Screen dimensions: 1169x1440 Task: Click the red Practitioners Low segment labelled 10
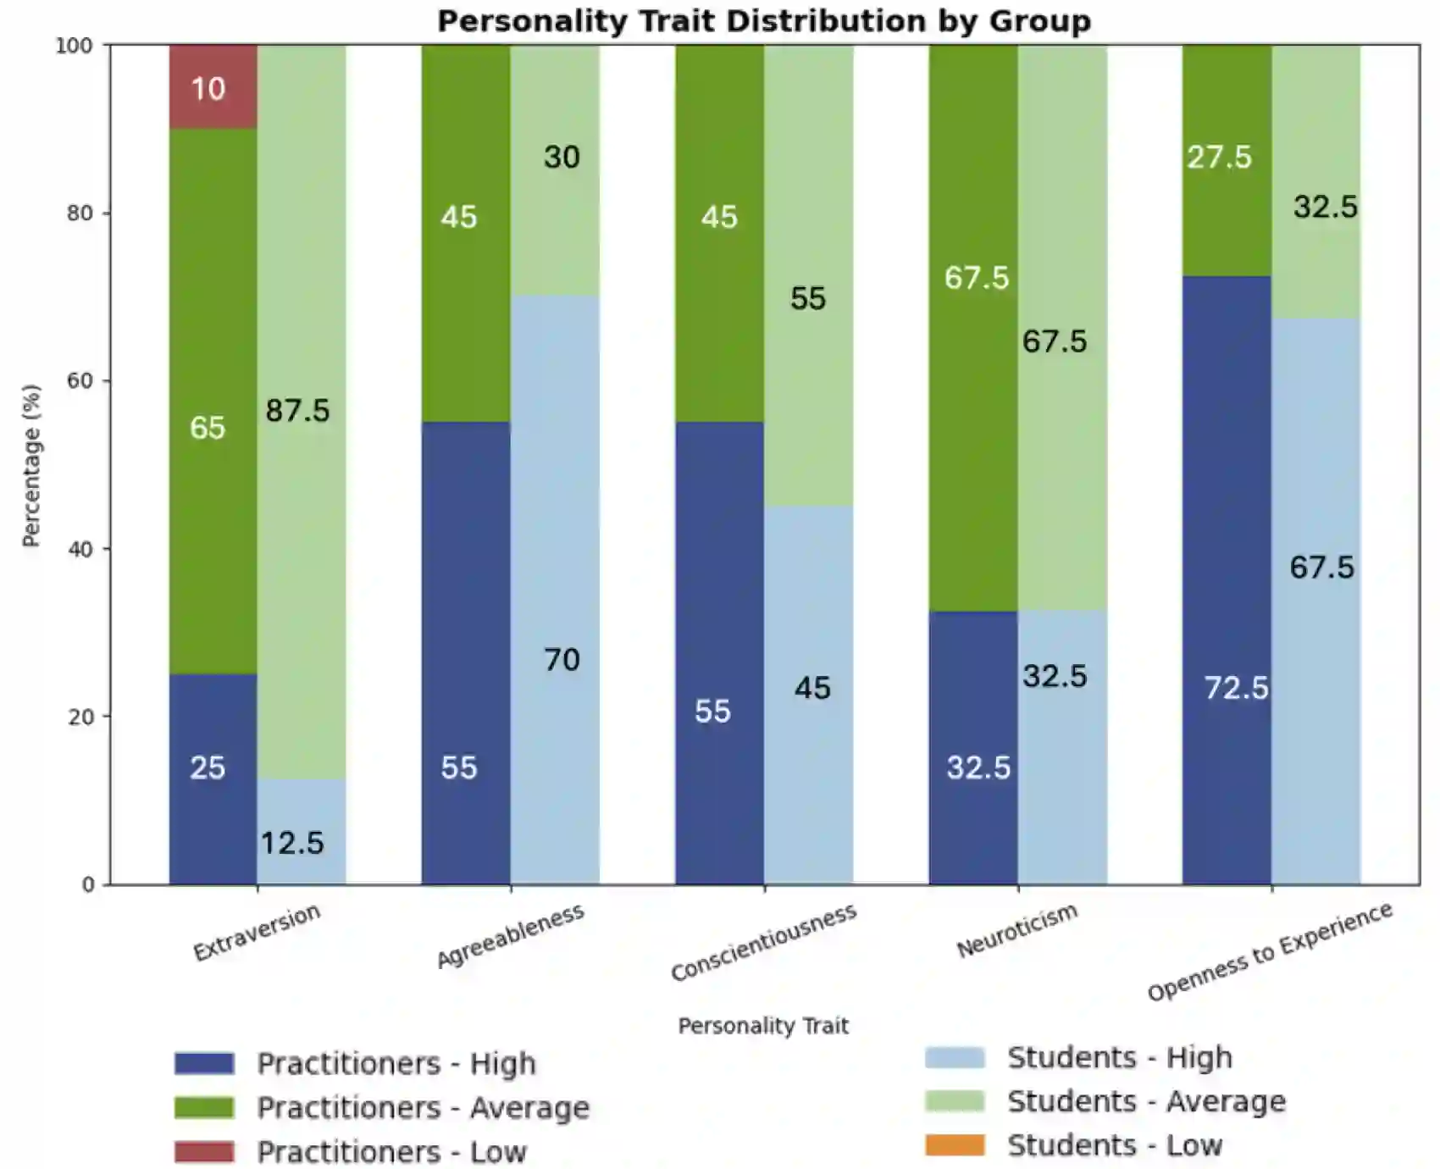click(213, 86)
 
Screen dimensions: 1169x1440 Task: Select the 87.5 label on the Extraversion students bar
click(297, 411)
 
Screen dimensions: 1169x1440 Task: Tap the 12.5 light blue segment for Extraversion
click(301, 832)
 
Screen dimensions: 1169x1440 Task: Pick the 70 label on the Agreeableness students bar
click(562, 660)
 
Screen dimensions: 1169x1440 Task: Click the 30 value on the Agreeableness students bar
click(562, 157)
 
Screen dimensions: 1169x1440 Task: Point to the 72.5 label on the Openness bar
click(1236, 688)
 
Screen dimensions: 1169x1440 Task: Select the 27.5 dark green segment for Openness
click(1226, 161)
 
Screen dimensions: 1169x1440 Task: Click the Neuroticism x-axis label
click(1016, 930)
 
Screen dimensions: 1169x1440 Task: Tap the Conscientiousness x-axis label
click(763, 942)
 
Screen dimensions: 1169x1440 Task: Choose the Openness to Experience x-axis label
click(1269, 950)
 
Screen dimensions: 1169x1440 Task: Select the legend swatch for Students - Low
click(955, 1145)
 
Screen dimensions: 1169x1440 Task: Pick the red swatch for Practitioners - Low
click(204, 1152)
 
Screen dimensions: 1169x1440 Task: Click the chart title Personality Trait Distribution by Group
click(763, 20)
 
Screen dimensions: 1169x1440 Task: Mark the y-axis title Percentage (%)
click(31, 465)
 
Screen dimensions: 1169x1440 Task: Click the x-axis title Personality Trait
click(762, 1026)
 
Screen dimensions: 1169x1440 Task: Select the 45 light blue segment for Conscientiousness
click(809, 695)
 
